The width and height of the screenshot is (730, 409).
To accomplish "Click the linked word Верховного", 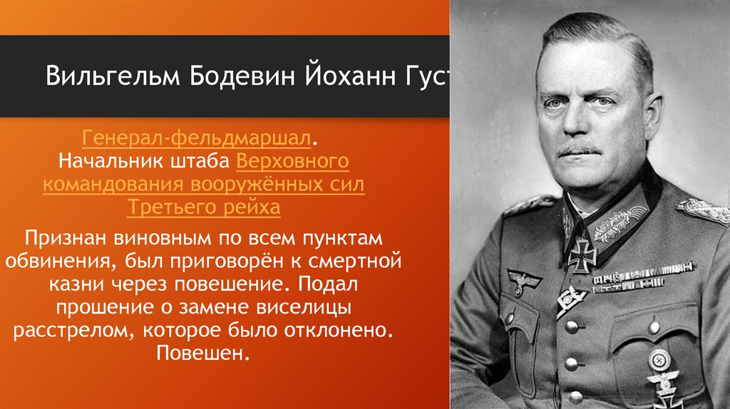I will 292,161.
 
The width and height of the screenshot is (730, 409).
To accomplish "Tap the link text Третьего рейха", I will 203,209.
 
